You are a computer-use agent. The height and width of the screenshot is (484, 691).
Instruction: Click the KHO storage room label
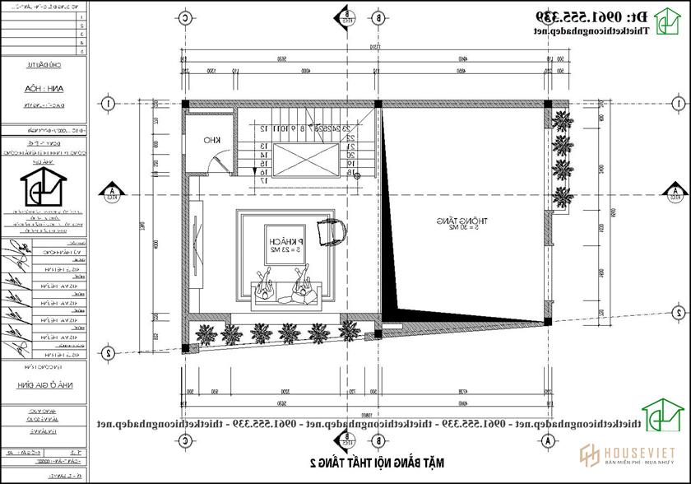(211, 141)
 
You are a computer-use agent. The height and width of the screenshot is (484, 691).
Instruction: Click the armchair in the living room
(332, 230)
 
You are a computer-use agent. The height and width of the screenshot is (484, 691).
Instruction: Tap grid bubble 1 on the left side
(108, 104)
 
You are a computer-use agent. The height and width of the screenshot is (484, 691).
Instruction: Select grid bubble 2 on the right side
(678, 313)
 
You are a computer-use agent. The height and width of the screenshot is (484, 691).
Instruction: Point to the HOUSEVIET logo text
(635, 454)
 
